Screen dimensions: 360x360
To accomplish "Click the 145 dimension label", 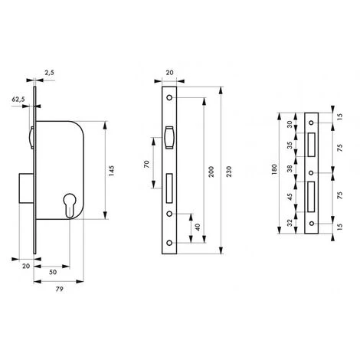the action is point(111,171).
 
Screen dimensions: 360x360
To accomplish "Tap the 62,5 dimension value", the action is point(18,100).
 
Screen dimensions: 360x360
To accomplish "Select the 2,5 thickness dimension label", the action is point(50,73).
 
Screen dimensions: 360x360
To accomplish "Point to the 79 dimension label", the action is point(59,290).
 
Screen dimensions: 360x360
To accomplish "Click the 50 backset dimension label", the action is point(53,272).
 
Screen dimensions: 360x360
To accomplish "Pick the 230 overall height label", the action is point(229,172).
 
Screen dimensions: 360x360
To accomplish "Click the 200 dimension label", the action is point(211,172).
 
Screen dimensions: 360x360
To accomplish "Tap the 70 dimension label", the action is point(146,164).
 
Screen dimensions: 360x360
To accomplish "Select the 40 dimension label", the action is point(198,227).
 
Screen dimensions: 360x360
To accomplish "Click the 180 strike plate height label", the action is point(274,169).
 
